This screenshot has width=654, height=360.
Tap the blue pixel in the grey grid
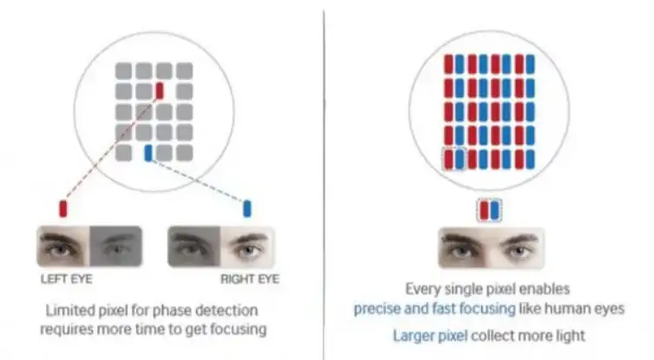pos(148,153)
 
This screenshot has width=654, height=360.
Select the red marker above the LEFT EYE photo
pos(62,208)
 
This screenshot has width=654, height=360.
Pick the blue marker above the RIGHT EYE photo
pos(247,208)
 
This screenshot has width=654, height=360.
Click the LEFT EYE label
pos(67,280)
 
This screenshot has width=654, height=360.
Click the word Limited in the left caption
pos(65,311)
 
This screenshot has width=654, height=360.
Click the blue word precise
pos(376,308)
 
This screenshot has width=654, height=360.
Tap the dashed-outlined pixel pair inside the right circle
pos(455,160)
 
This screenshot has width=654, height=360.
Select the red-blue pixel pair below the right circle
pos(490,210)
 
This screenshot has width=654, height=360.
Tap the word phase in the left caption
pos(177,311)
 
